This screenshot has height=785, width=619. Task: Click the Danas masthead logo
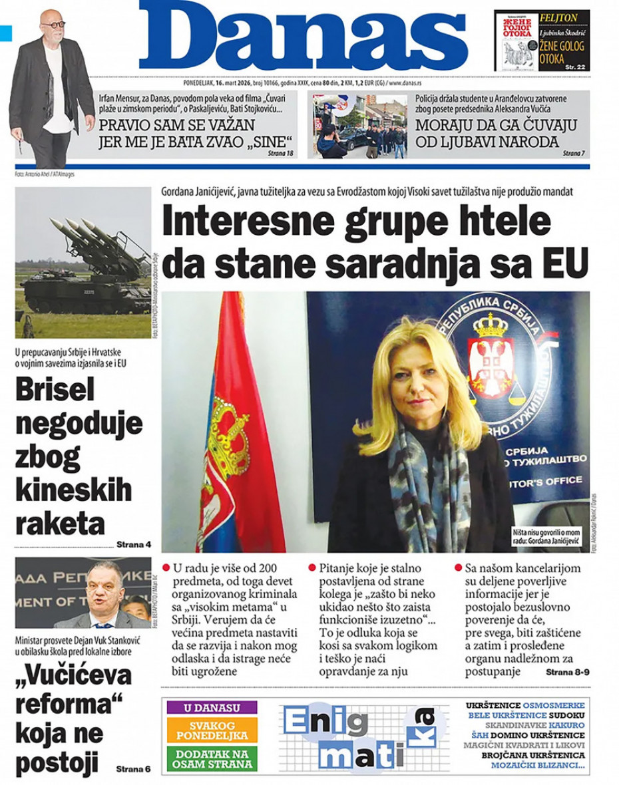click(x=303, y=37)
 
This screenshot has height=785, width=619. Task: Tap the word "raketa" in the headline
click(x=59, y=524)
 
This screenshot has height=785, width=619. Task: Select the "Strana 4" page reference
click(x=134, y=545)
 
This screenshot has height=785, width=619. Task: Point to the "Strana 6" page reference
click(x=133, y=769)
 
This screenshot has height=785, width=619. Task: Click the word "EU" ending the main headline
click(x=566, y=262)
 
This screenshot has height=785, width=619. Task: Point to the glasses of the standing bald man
click(x=53, y=24)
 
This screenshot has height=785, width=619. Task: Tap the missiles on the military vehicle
click(x=93, y=239)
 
